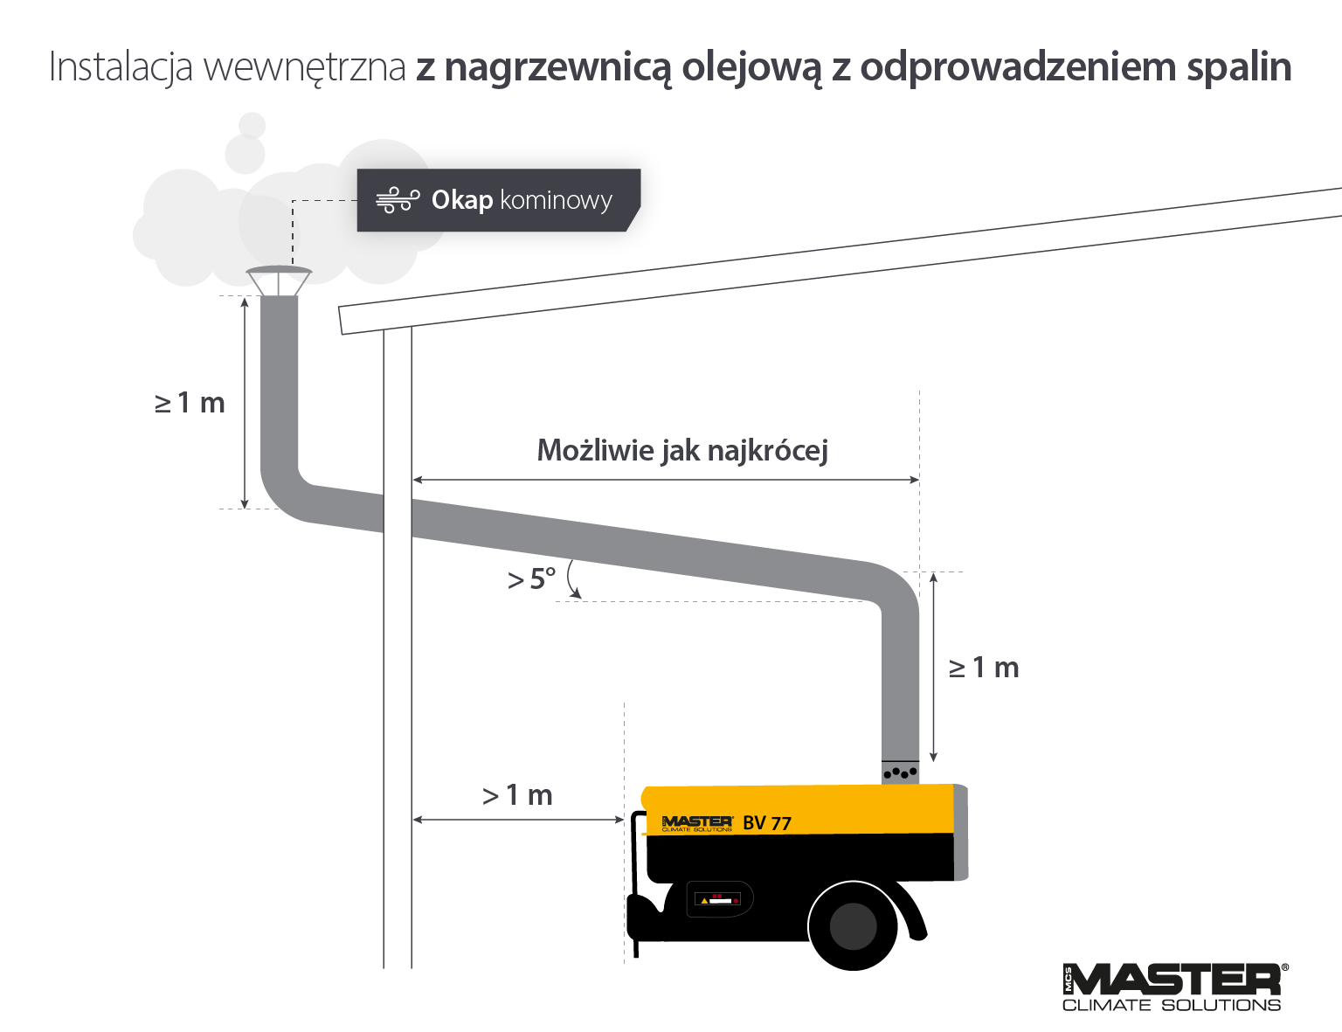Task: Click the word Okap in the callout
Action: (x=461, y=200)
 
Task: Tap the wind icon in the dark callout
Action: (x=398, y=200)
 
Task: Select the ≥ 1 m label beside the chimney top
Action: (x=190, y=403)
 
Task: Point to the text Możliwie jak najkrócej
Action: (x=682, y=450)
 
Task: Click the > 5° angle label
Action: (x=531, y=578)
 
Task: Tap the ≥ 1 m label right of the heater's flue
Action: (x=984, y=668)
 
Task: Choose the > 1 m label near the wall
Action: (x=517, y=795)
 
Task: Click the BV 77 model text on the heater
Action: (x=767, y=823)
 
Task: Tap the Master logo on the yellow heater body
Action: (x=696, y=823)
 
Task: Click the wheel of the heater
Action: (x=853, y=925)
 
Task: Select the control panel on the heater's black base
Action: (x=718, y=898)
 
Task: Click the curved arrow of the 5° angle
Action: (x=572, y=579)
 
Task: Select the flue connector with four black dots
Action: (x=900, y=772)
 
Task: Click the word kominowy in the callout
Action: (x=556, y=200)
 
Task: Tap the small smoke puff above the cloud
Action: (x=252, y=125)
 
